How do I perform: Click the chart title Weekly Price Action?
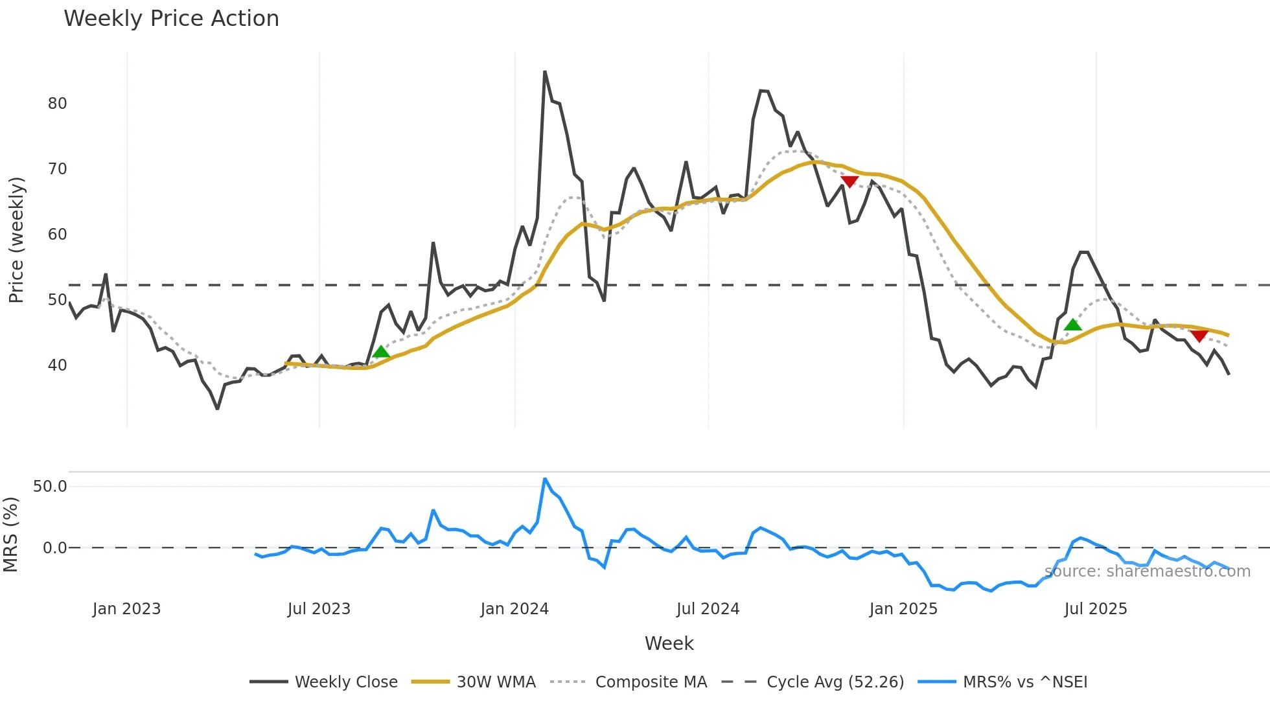(x=171, y=19)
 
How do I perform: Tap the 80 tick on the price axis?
(x=57, y=104)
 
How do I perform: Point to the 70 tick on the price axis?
(x=57, y=169)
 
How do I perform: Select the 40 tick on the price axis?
(x=57, y=365)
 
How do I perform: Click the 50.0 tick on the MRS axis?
(x=50, y=487)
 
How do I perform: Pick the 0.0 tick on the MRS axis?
(x=54, y=548)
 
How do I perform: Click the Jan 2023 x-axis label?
(x=126, y=609)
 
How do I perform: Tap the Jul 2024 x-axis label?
(x=708, y=609)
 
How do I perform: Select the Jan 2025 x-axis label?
(x=903, y=609)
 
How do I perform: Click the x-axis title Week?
(x=669, y=643)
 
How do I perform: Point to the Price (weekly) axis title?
(x=16, y=240)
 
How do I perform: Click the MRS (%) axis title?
(x=10, y=535)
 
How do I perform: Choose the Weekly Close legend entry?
(x=346, y=682)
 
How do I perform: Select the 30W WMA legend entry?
(x=496, y=682)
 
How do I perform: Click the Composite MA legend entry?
(x=651, y=682)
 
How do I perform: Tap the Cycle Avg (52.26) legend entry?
(x=835, y=682)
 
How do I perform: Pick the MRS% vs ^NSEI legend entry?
(x=1024, y=682)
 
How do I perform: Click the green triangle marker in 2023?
(x=381, y=352)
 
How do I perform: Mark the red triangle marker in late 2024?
(x=849, y=181)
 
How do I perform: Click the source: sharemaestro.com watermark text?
(x=1147, y=571)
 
